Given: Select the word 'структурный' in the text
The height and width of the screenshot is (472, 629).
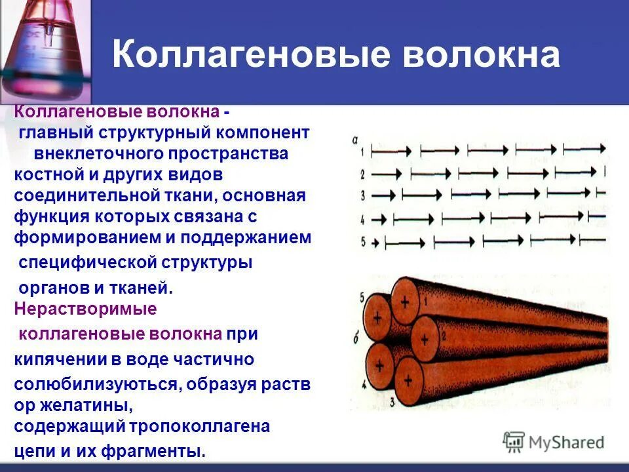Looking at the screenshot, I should tap(154, 133).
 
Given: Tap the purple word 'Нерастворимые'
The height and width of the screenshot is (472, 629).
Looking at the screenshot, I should tap(85, 308).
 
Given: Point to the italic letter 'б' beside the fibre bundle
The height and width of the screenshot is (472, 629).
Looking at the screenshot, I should tap(354, 339).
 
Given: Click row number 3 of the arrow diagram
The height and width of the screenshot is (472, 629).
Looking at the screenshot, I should tap(362, 195).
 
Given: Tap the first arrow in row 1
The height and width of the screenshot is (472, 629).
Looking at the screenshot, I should tap(391, 151).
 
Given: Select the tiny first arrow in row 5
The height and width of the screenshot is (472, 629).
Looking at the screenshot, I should tap(376, 243).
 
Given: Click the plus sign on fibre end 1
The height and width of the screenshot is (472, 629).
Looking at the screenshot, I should tap(404, 303).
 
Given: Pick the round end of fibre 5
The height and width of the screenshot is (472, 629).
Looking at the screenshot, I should tap(377, 315).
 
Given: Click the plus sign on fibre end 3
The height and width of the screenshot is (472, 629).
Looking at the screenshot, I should tap(410, 380).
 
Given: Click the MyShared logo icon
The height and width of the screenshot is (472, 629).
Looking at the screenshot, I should tap(514, 442).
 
